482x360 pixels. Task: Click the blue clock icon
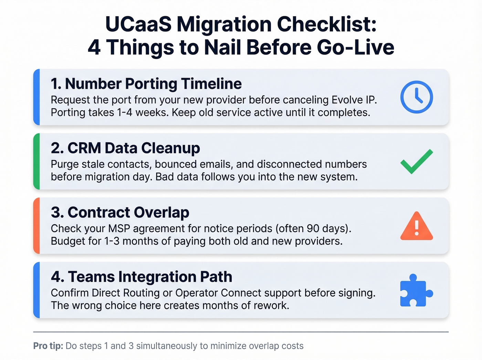(417, 97)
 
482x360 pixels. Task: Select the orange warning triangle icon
(417, 227)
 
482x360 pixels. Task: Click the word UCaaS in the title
(138, 25)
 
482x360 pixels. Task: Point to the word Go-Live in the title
(355, 48)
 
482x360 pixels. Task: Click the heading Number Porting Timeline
(146, 84)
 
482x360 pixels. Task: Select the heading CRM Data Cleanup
(125, 148)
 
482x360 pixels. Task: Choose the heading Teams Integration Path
(142, 277)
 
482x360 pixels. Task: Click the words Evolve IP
(354, 100)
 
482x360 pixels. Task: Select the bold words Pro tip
(48, 346)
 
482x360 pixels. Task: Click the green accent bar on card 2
(36, 161)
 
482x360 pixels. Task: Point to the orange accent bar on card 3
(36, 226)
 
